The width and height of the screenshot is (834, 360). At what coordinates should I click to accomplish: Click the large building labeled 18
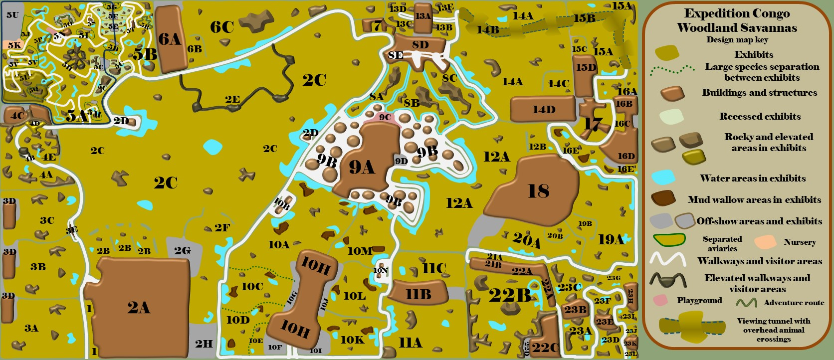tap(538, 191)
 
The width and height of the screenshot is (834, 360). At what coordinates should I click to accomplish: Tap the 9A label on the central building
tap(362, 167)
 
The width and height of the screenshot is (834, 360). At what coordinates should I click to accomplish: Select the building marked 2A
tap(139, 307)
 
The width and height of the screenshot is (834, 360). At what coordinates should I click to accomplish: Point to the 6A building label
tap(169, 39)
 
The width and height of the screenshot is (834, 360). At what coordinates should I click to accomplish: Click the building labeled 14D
tap(543, 109)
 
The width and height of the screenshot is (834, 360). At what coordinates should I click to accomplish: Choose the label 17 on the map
tap(593, 123)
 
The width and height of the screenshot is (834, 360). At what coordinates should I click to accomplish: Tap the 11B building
tap(418, 294)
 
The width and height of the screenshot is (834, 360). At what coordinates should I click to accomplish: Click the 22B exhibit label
tap(510, 295)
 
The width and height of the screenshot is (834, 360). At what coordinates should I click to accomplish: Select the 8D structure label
tap(420, 45)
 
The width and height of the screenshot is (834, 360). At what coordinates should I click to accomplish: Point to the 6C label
tap(222, 27)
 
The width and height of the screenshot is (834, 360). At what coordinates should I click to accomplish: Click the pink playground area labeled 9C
tap(384, 118)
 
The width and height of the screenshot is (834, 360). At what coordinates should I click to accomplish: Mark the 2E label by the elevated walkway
tap(232, 99)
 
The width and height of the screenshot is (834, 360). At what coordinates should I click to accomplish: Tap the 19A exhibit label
tap(611, 240)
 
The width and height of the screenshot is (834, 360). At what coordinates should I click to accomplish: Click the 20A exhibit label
tap(526, 240)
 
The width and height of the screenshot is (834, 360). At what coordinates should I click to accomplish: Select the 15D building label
tap(586, 67)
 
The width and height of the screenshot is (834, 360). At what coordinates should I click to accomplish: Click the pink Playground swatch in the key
tap(660, 300)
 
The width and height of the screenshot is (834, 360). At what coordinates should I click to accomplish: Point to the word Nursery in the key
tap(800, 242)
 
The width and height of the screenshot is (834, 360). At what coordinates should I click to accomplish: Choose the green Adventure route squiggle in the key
tap(746, 302)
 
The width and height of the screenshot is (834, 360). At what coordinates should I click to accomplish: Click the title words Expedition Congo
tap(737, 13)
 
